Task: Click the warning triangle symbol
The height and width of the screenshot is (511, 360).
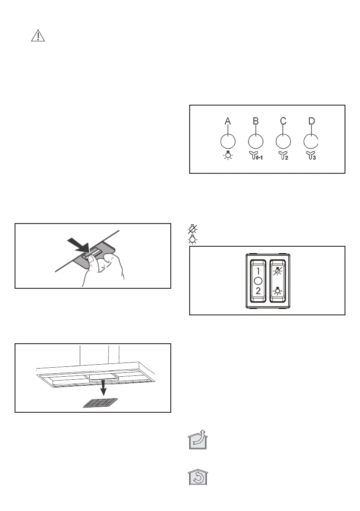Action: (38, 36)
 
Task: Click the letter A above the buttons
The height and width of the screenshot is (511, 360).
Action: (228, 121)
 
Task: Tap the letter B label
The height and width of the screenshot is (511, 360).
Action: (255, 121)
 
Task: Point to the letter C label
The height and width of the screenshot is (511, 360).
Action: (283, 121)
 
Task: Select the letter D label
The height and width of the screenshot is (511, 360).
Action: (312, 121)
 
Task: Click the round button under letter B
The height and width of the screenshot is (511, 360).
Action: (255, 142)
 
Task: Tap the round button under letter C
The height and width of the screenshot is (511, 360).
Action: (283, 142)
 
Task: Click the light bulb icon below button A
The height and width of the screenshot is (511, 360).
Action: (228, 156)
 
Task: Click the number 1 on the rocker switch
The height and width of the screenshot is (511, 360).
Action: (258, 272)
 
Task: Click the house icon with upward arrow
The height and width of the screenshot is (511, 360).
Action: (197, 440)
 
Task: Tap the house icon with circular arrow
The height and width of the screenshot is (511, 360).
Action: (197, 476)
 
